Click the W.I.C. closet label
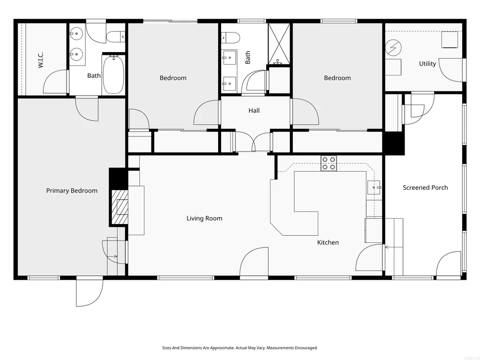coord(41,60)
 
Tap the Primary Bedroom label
coord(72,191)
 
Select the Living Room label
coord(204,218)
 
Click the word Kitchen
coord(328,242)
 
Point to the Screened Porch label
coord(425,187)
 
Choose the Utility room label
coord(427,64)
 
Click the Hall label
coord(254,111)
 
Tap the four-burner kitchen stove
coord(329,164)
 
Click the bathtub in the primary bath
coord(113,75)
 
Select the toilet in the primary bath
coord(116,37)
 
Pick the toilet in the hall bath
coord(230,37)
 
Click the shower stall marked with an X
coord(279,44)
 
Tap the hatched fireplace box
coord(120,207)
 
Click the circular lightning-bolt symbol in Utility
coord(393,48)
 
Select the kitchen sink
coord(374,187)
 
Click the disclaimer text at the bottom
coord(240,348)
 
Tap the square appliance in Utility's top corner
coord(450,39)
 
